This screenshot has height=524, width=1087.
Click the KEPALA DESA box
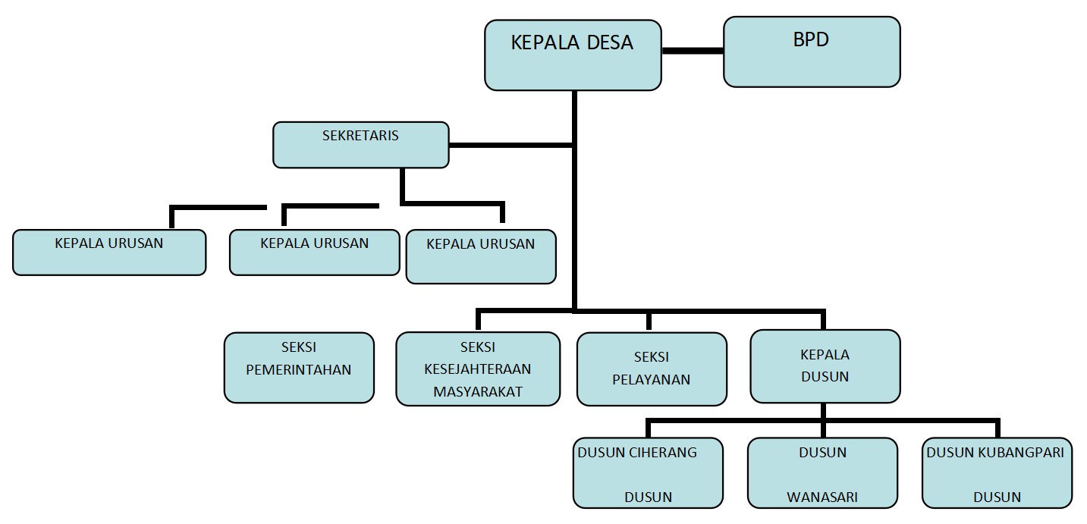pyautogui.click(x=572, y=55)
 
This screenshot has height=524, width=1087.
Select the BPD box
pyautogui.click(x=811, y=52)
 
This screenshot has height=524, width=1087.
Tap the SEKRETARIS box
pyautogui.click(x=360, y=145)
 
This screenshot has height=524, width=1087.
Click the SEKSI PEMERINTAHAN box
pyautogui.click(x=299, y=367)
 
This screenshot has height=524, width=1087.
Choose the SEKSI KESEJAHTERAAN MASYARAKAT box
pyautogui.click(x=477, y=369)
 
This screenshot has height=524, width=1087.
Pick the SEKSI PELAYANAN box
pyautogui.click(x=651, y=369)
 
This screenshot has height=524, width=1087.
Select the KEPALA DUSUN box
pyautogui.click(x=825, y=366)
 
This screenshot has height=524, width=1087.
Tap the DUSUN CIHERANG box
pyautogui.click(x=648, y=472)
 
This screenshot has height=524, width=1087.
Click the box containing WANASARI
pyautogui.click(x=822, y=472)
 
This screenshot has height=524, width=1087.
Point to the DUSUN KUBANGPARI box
pyautogui.click(x=997, y=472)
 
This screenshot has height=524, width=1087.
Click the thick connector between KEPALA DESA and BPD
pyautogui.click(x=692, y=51)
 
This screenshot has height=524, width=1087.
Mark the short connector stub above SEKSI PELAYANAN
pyautogui.click(x=649, y=321)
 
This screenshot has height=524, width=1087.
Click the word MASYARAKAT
pyautogui.click(x=478, y=392)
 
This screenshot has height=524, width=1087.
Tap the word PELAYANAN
pyautogui.click(x=652, y=379)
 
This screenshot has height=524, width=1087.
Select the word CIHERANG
pyautogui.click(x=662, y=453)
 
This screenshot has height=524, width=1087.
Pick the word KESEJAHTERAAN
pyautogui.click(x=478, y=369)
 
